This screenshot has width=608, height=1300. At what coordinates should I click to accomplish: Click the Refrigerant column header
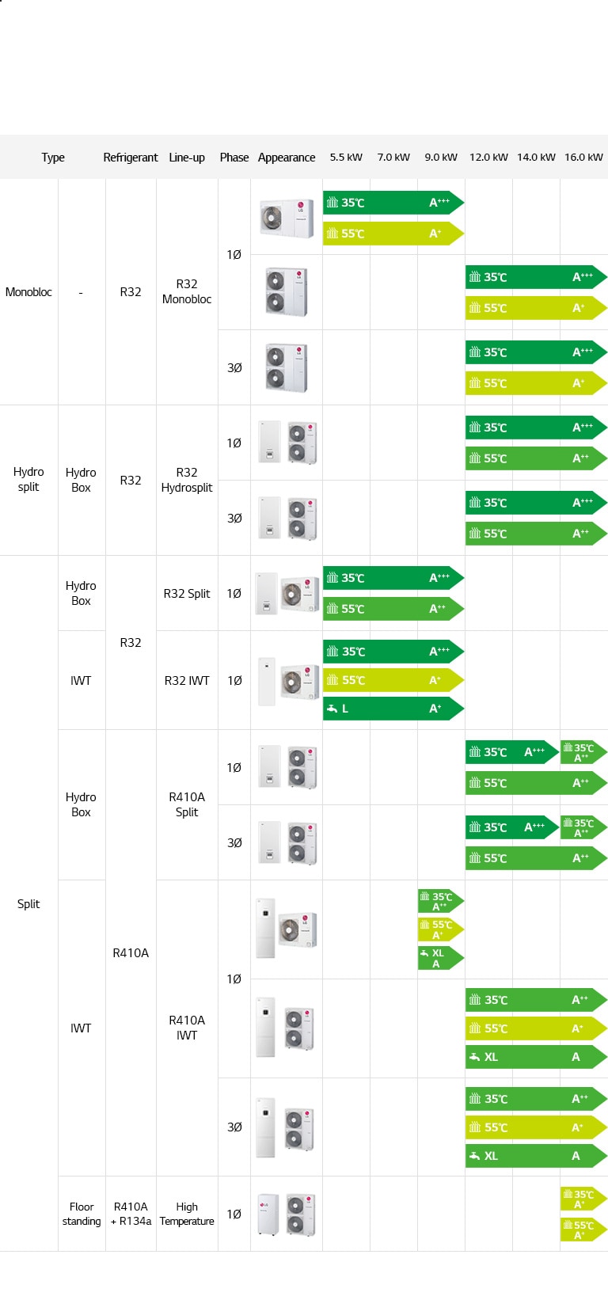[x=131, y=158]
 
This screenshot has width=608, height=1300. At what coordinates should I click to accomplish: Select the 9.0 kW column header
[x=441, y=158]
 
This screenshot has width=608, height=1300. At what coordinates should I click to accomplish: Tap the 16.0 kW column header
[x=583, y=158]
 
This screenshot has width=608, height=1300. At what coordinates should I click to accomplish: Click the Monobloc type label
[x=28, y=292]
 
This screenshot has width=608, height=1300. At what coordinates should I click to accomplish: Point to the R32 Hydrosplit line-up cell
[x=187, y=480]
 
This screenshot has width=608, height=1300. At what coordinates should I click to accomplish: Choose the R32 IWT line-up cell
[x=187, y=680]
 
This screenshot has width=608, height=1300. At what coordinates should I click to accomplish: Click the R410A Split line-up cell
[x=187, y=804]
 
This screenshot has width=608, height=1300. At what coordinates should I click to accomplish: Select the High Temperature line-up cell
[x=187, y=1214]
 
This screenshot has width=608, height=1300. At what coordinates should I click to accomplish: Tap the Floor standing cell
[x=82, y=1214]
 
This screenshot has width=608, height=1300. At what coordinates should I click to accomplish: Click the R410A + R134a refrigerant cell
[x=131, y=1214]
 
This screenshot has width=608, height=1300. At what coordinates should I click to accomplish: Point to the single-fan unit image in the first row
[x=286, y=217]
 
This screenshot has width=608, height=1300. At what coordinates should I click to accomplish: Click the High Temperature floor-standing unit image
[x=286, y=1214]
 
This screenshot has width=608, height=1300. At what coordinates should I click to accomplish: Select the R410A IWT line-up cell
[x=187, y=1028]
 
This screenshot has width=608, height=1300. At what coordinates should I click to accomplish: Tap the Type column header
[x=53, y=158]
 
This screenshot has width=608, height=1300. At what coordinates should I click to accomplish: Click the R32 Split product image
[x=286, y=594]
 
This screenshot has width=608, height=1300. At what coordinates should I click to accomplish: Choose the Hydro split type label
[x=28, y=480]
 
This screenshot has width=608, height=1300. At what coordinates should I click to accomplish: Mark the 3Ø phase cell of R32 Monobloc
[x=234, y=368]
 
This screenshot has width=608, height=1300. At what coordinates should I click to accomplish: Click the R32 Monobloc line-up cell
[x=187, y=291]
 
